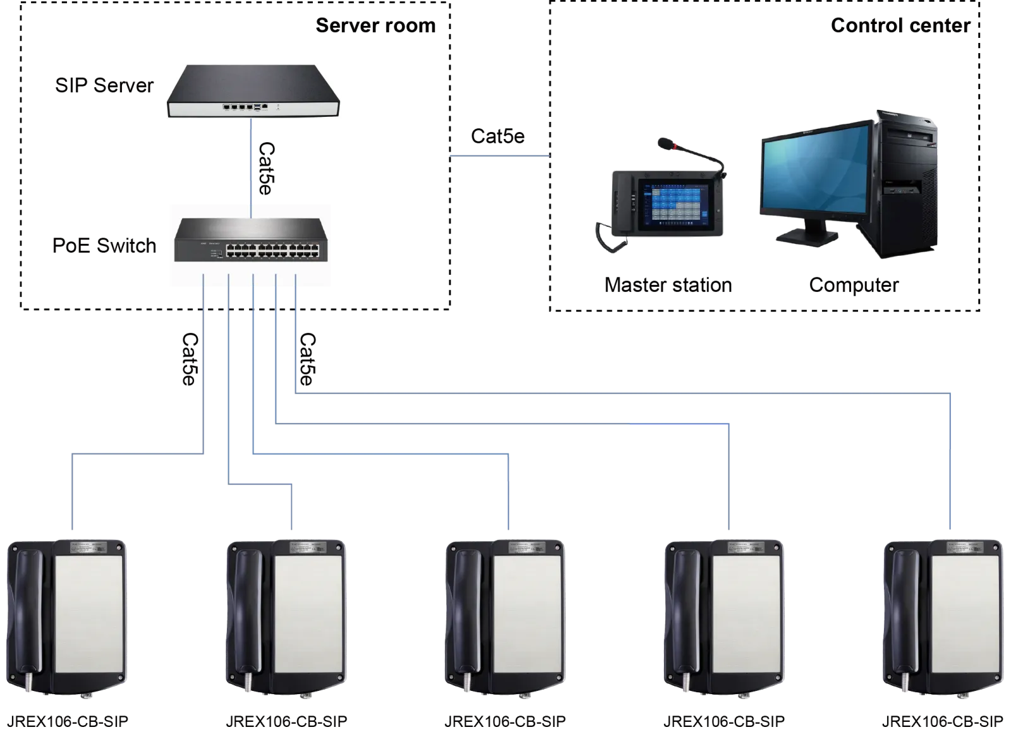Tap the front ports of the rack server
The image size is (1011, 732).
pyautogui.click(x=246, y=107)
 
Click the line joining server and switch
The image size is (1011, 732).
pyautogui.click(x=251, y=161)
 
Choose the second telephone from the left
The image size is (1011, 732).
pyautogui.click(x=286, y=616)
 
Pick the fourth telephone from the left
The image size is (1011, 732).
pyautogui.click(x=724, y=616)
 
